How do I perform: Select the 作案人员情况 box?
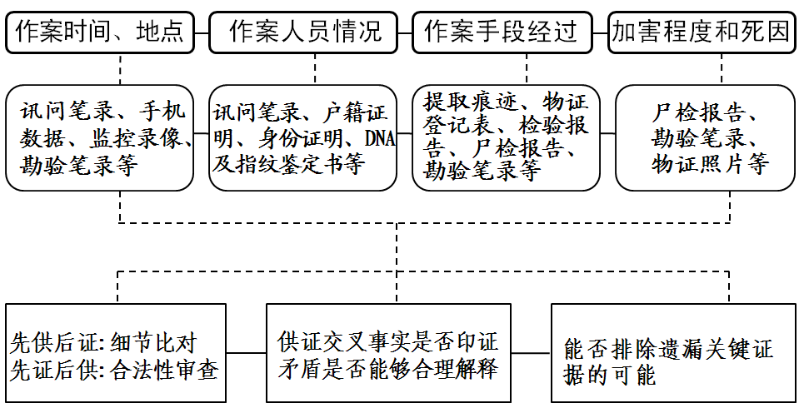306,32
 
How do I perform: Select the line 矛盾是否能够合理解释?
387,369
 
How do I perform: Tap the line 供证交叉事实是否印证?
387,342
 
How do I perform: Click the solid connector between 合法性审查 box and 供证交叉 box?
246,354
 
